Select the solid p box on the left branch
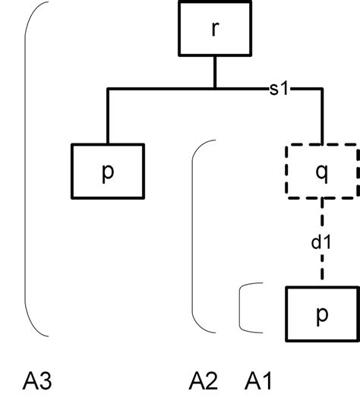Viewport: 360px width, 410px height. [108, 170]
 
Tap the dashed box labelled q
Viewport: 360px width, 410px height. [322, 171]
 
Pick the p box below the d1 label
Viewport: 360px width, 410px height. [322, 314]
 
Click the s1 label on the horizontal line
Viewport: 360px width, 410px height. [278, 89]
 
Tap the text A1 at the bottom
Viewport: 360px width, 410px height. [261, 380]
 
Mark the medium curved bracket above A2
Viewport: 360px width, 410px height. [194, 235]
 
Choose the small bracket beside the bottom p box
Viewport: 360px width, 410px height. [242, 309]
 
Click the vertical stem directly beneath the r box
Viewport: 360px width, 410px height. [216, 72]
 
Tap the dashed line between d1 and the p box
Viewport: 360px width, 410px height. [322, 270]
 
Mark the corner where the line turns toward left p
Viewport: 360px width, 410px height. [108, 90]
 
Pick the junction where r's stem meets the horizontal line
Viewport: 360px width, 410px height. [216, 90]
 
